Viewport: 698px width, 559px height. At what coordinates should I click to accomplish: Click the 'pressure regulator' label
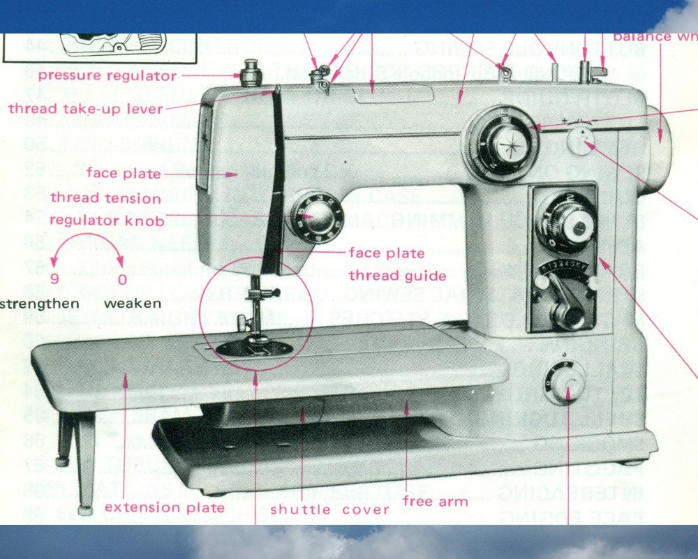107,75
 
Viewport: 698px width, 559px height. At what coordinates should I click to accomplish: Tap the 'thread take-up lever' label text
85,109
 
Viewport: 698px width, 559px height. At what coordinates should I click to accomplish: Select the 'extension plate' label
165,507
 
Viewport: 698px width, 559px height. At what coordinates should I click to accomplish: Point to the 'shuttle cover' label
329,509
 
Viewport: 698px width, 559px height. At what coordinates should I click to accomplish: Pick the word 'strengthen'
39,304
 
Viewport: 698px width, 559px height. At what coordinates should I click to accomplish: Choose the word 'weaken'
133,304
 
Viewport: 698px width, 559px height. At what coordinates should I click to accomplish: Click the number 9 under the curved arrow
54,281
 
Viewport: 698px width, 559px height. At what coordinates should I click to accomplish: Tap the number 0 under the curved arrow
123,281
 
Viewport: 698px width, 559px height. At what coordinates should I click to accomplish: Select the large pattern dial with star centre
501,143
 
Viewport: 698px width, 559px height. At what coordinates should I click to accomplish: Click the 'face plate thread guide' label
397,264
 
